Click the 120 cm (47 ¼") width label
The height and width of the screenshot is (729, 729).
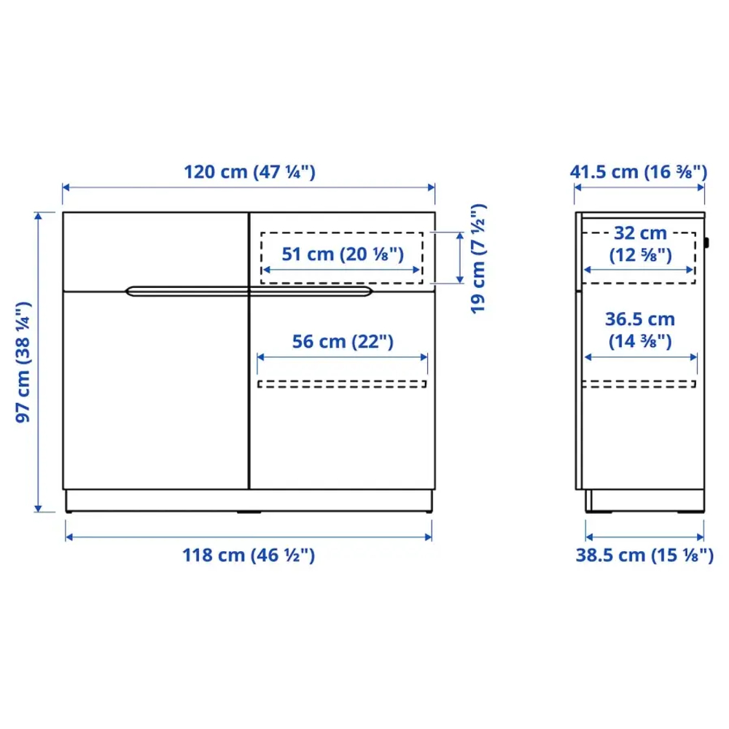click(x=249, y=173)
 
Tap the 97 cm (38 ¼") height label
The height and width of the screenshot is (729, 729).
click(x=24, y=362)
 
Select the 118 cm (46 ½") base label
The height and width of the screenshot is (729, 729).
click(x=249, y=555)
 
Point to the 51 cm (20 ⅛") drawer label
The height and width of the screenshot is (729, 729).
click(x=342, y=254)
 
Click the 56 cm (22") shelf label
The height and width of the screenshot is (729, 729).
click(x=342, y=341)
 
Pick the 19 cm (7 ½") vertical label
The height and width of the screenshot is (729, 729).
click(x=478, y=259)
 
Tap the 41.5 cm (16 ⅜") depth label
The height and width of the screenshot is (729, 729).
click(x=639, y=173)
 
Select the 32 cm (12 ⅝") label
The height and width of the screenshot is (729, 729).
click(x=639, y=244)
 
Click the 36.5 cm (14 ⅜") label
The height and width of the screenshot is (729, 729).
click(x=640, y=330)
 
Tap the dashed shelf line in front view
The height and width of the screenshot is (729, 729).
click(x=342, y=383)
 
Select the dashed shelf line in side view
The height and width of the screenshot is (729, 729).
click(x=640, y=384)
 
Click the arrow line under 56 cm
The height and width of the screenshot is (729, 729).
click(x=342, y=357)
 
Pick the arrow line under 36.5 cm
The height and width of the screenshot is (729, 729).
click(x=640, y=357)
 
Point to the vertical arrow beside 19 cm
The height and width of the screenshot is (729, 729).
click(x=459, y=257)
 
